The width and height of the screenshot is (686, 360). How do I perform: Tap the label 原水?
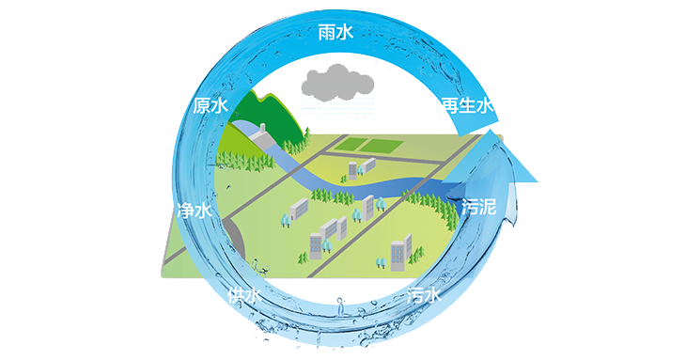coord(210,106)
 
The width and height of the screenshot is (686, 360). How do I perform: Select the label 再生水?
coord(467,106)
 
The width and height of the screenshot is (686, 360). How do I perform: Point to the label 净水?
coord(195,210)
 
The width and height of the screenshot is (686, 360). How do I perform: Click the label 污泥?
coord(478,207)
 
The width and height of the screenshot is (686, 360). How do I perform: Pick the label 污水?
coord(423,295)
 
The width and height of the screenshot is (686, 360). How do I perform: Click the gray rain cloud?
coord(336,83)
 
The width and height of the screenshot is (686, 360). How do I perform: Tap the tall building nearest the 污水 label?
coord(399,252)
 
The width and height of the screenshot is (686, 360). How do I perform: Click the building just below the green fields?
coord(356,168)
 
